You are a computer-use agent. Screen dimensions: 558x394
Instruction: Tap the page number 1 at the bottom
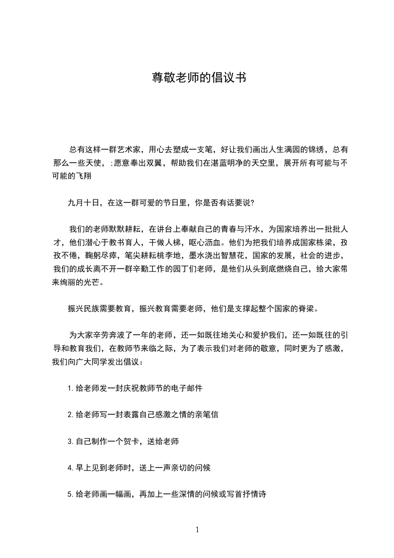[x=197, y=530]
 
